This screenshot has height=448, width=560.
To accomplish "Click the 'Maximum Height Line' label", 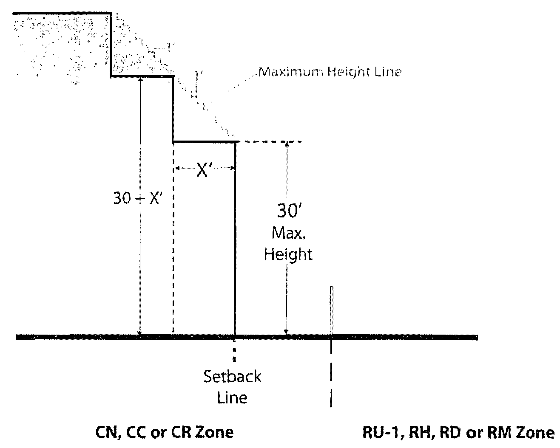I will click(x=330, y=72).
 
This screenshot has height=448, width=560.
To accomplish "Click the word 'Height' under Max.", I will click(x=288, y=254).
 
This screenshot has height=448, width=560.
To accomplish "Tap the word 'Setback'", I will click(x=232, y=377).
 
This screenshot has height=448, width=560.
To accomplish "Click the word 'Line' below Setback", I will click(x=232, y=398).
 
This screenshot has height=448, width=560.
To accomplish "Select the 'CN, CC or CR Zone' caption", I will click(x=164, y=432).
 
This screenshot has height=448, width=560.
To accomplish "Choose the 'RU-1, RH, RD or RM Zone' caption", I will click(x=458, y=433).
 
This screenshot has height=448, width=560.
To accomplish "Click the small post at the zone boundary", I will click(x=331, y=310).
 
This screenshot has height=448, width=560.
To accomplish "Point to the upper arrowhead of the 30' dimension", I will click(x=287, y=144).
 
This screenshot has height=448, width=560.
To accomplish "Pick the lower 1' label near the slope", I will click(x=196, y=76).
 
